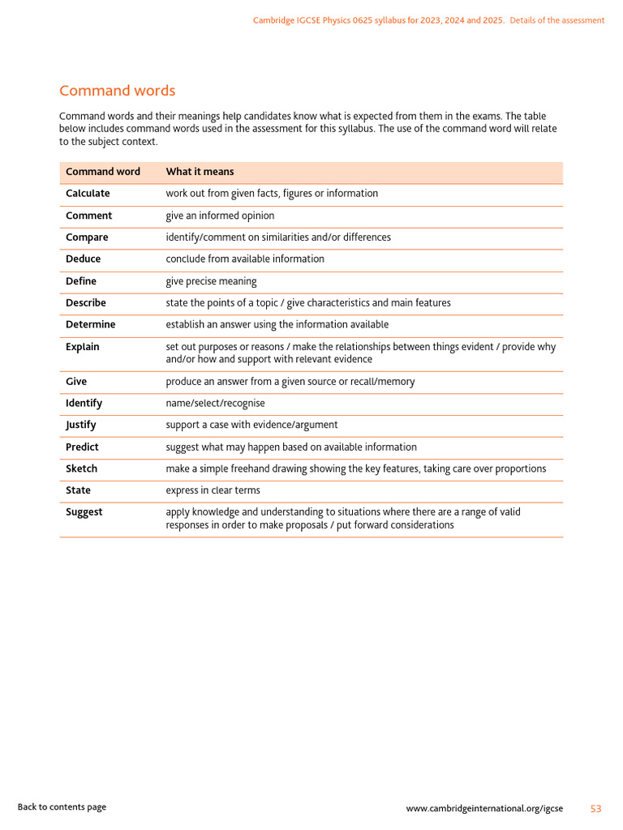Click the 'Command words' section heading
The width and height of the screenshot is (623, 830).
pos(117,91)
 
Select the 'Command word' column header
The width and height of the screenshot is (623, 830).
pos(102,172)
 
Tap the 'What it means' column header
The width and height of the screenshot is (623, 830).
pos(200,172)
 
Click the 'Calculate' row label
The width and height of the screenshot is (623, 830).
pos(88,194)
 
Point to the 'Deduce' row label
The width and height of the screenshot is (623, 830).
pos(83,259)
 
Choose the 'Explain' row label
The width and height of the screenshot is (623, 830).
pos(82,347)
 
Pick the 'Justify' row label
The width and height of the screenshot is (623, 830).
pos(80,425)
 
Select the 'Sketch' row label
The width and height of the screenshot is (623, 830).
pos(81,468)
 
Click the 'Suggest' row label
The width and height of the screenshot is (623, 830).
pos(84,512)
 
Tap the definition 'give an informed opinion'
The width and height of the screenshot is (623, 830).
pos(220,216)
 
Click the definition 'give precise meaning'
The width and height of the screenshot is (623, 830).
pos(211,281)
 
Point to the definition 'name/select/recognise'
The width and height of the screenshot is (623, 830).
pos(215,403)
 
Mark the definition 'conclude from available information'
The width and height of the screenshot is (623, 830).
pos(245,259)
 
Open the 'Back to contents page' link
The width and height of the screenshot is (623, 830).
pos(62,806)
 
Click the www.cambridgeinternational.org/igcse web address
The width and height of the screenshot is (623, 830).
pos(484,809)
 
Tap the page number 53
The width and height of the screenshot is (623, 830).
pos(595,809)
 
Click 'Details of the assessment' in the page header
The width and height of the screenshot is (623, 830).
pos(556,20)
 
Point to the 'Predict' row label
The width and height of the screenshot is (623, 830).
pos(82,447)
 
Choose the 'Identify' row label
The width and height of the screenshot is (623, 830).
pos(84,403)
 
